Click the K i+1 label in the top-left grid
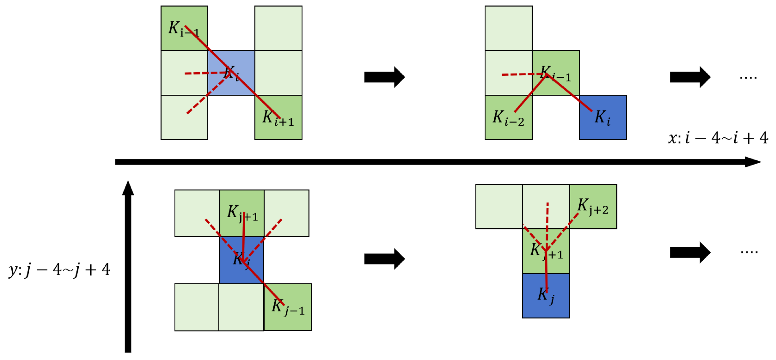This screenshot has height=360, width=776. [278, 118]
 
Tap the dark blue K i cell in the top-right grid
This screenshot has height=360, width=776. [603, 118]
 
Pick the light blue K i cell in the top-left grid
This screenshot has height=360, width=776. [231, 73]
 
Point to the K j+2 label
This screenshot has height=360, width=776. [593, 207]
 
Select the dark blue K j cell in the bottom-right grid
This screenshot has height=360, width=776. [546, 296]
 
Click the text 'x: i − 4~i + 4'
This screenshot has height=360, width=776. [718, 138]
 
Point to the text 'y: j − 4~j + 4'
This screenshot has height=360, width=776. [59, 269]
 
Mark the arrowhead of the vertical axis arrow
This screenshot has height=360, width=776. [128, 188]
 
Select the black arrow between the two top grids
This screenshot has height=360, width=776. [384, 77]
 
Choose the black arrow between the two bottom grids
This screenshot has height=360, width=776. [384, 259]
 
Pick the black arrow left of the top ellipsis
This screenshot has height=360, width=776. [690, 77]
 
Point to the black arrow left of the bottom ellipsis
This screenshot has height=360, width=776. [690, 252]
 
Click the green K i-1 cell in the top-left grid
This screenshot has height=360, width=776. [184, 28]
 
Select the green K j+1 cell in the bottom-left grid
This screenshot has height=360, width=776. [242, 213]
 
